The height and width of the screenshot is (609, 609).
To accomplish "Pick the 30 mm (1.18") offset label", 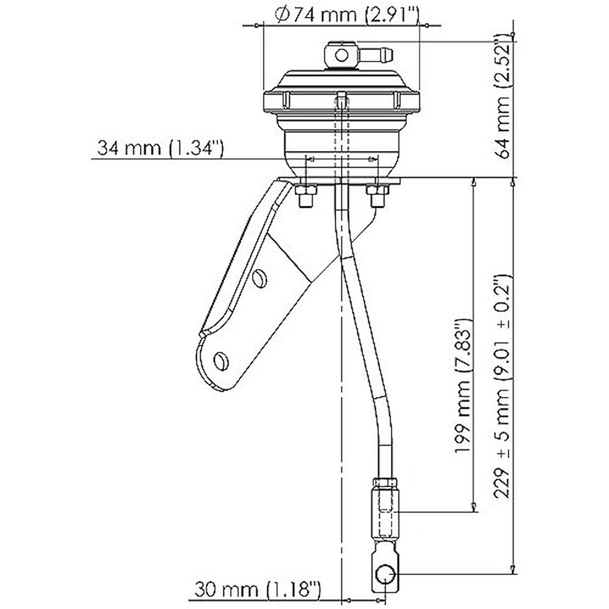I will (x=257, y=591).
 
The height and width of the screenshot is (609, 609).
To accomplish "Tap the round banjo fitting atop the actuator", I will (x=341, y=55).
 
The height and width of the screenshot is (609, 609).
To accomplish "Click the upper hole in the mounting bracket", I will (x=259, y=278).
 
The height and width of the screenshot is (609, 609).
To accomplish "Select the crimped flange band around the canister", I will (x=341, y=101).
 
